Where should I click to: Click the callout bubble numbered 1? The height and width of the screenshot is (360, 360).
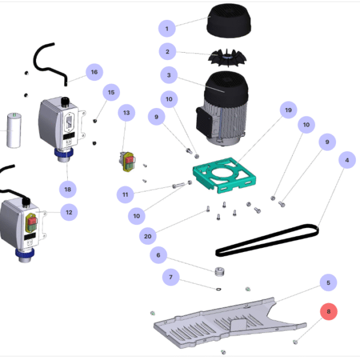click(x=167, y=28)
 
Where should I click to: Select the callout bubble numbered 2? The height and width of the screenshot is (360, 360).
click(x=168, y=52)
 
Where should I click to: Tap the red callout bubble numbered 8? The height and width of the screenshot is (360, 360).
click(x=329, y=312)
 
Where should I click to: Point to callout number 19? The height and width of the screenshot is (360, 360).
click(x=289, y=110)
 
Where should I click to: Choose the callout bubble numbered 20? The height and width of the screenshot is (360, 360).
click(x=148, y=236)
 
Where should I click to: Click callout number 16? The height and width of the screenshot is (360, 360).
click(x=94, y=73)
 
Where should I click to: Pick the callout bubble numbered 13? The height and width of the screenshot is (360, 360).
click(x=127, y=113)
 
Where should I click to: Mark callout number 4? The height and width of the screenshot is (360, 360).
click(x=346, y=161)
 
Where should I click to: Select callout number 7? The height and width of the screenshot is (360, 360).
click(x=171, y=277)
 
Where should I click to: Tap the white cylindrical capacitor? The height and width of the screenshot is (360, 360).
click(x=13, y=130)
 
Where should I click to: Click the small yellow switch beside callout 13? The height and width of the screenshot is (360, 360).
click(x=127, y=161)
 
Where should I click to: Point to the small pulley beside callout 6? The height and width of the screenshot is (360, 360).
click(x=219, y=271)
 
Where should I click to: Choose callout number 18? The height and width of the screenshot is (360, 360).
click(x=68, y=189)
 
